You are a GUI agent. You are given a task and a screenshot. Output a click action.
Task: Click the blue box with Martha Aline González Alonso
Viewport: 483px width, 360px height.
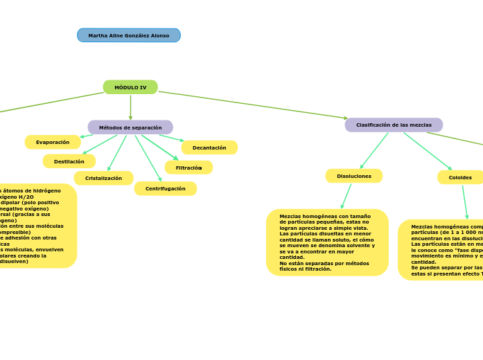tap(129, 35)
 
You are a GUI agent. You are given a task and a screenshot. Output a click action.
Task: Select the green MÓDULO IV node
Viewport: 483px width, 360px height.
tap(130, 87)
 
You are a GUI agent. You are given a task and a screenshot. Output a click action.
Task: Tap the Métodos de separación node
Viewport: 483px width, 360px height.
tap(130, 127)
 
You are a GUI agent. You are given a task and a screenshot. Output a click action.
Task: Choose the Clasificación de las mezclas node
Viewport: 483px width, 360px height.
tap(394, 125)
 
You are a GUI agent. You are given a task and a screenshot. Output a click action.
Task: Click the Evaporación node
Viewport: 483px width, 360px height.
tap(53, 142)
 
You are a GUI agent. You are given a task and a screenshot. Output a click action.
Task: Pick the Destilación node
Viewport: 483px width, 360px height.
tap(69, 161)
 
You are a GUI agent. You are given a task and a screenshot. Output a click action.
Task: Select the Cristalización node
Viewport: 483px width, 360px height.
tap(103, 178)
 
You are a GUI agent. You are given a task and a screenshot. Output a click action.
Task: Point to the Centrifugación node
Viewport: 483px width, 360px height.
tap(165, 188)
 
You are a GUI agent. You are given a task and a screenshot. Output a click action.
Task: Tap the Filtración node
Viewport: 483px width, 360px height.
tap(188, 168)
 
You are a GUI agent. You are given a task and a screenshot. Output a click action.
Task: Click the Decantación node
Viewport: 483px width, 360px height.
tap(209, 147)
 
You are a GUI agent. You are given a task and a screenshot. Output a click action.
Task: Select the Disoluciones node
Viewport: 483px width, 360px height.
tap(354, 176)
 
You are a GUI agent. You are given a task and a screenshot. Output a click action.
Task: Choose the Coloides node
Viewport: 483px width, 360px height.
tap(460, 177)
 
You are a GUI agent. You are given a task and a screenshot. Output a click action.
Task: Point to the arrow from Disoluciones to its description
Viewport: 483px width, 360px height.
tap(346, 196)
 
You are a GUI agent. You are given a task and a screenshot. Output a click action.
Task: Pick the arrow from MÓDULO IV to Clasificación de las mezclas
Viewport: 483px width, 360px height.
tap(253, 105)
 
